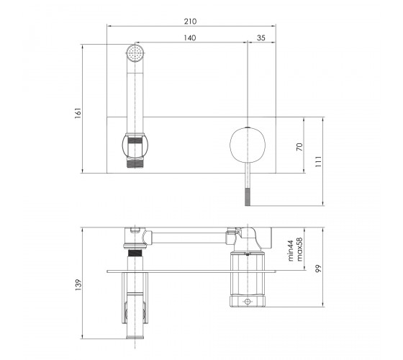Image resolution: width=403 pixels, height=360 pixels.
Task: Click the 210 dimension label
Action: click(190, 22)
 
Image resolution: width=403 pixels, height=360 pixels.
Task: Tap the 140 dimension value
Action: click(190, 37)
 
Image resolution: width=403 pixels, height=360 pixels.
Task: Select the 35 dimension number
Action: click(261, 37)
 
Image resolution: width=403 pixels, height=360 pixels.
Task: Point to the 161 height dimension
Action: click(78, 113)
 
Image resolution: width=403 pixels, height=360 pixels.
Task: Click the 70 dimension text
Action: click(299, 147)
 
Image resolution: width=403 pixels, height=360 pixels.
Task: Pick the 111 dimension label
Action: click(318, 161)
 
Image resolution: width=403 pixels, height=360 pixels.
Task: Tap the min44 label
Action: click(290, 251)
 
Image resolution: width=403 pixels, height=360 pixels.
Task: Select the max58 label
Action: click(299, 249)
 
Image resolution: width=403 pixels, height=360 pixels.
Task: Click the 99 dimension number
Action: click(318, 269)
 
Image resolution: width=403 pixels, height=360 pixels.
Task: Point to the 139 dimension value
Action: click(78, 284)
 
